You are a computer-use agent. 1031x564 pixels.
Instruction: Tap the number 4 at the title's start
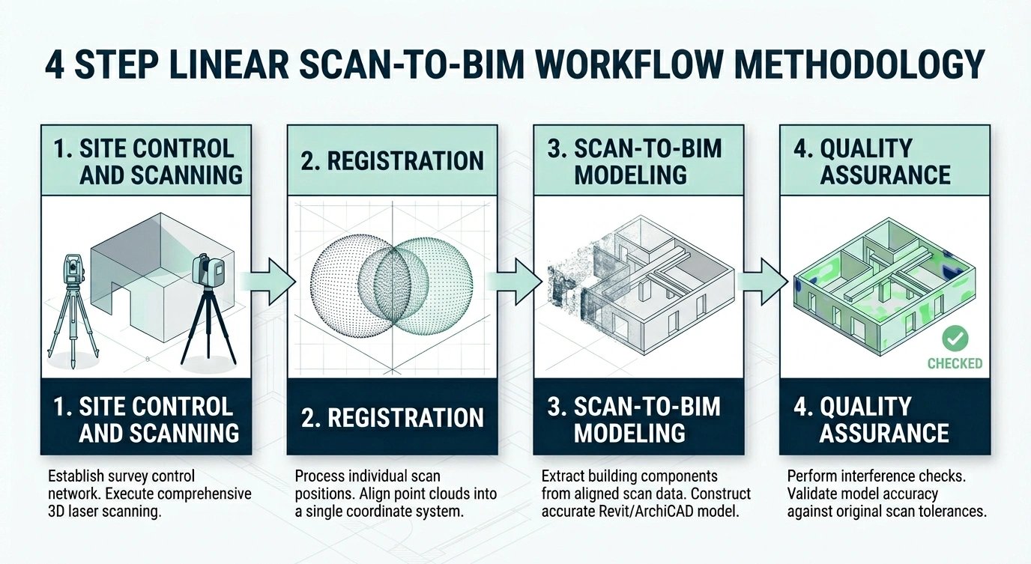(x=54, y=65)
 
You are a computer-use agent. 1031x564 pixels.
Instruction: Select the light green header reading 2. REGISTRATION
(x=392, y=161)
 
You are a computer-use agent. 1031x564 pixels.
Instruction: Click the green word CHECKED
(x=954, y=363)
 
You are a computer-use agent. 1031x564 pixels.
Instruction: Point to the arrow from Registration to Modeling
(x=515, y=281)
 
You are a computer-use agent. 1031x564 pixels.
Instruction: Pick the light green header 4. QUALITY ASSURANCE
(x=885, y=161)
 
